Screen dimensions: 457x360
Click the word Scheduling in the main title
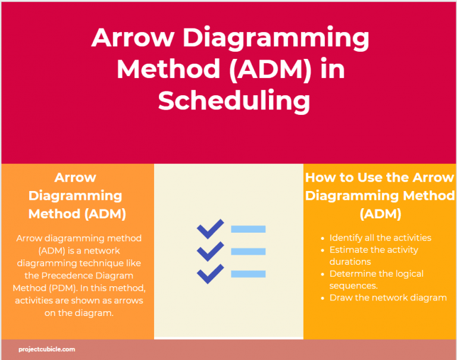click(x=234, y=101)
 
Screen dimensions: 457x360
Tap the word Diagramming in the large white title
click(x=276, y=39)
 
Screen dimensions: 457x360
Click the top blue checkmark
click(x=211, y=229)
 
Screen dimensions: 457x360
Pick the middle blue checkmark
click(x=211, y=251)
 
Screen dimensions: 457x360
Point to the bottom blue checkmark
click(x=211, y=274)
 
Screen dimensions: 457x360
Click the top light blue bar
click(x=248, y=229)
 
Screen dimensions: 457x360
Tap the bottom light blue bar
click(x=248, y=274)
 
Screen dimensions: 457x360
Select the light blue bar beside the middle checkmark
click(x=248, y=252)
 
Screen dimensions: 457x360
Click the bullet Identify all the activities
click(x=380, y=238)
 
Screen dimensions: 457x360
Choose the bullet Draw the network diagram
click(x=388, y=298)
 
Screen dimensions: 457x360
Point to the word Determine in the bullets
click(x=350, y=274)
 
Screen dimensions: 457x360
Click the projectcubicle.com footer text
click(x=46, y=349)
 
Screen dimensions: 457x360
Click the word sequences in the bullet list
click(x=353, y=286)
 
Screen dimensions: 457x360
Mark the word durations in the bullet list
click(x=350, y=262)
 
